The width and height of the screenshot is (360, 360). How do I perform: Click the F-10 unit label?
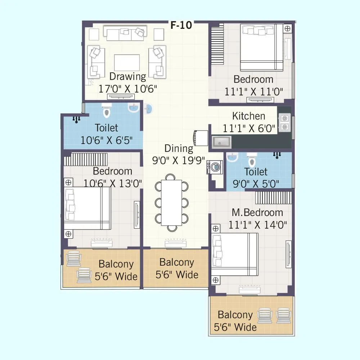[181, 25]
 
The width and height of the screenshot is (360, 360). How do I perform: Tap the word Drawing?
[127, 76]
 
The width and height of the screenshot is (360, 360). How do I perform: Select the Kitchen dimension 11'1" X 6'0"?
[249, 128]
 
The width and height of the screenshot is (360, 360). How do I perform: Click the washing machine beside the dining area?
[216, 167]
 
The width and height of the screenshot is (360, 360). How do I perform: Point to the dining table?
[171, 202]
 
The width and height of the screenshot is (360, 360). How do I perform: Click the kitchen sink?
[221, 142]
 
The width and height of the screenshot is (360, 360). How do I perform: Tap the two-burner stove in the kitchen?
[285, 122]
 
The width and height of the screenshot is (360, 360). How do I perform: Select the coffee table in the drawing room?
[127, 62]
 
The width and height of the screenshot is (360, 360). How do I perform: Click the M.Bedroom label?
[257, 212]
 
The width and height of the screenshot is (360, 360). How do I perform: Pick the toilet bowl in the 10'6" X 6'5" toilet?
[106, 111]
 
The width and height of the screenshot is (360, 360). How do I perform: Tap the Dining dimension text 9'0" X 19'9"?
[178, 160]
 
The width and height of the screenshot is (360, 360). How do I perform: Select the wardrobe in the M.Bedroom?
[274, 198]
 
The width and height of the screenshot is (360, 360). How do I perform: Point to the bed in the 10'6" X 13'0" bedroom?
[87, 208]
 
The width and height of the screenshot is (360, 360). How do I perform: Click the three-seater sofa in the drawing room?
[125, 33]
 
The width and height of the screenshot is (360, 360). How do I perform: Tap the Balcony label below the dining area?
[176, 262]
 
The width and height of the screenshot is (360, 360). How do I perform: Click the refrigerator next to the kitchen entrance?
[201, 138]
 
